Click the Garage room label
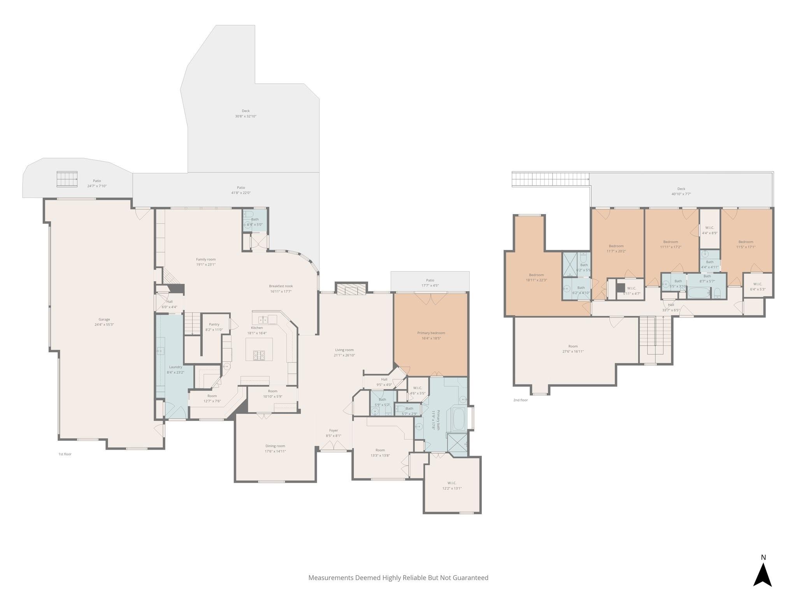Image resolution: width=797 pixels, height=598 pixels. pyautogui.click(x=104, y=319)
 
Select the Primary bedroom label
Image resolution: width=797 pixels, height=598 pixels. pyautogui.click(x=431, y=333)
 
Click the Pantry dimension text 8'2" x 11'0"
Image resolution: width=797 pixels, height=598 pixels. pyautogui.click(x=214, y=330)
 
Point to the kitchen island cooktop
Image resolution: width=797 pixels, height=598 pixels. pyautogui.click(x=259, y=355)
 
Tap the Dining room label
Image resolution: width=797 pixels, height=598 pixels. pyautogui.click(x=275, y=446)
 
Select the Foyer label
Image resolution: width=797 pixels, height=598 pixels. pyautogui.click(x=334, y=430)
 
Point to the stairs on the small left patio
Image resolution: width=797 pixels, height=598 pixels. pyautogui.click(x=67, y=179)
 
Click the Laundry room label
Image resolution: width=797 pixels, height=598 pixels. pyautogui.click(x=176, y=367)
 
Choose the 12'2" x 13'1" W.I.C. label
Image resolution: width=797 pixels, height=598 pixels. pyautogui.click(x=452, y=483)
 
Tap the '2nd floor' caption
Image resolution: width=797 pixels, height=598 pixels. pyautogui.click(x=520, y=400)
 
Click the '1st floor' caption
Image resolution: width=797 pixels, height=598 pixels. pyautogui.click(x=65, y=454)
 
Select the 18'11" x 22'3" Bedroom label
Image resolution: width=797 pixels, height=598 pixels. pyautogui.click(x=536, y=275)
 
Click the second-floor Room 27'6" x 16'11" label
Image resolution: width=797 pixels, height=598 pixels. pyautogui.click(x=573, y=346)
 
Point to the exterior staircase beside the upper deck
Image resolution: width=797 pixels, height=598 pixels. pyautogui.click(x=549, y=179)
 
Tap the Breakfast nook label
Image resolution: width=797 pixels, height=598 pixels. pyautogui.click(x=281, y=286)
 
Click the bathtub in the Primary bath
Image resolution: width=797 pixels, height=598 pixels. pyautogui.click(x=459, y=419)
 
